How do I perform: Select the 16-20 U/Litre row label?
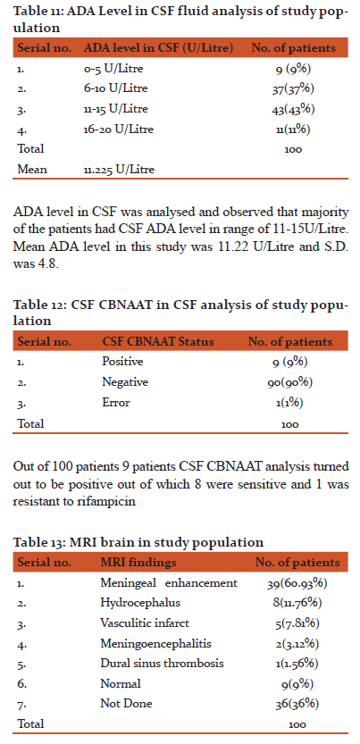(118, 129)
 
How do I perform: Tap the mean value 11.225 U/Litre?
(119, 169)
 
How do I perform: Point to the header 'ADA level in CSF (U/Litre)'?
(158, 48)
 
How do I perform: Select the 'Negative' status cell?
(124, 382)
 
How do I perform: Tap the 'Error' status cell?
(115, 403)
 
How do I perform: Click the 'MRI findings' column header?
(138, 563)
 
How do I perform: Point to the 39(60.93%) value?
(297, 582)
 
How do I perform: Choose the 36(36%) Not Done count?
(297, 704)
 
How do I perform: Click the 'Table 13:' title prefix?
(34, 542)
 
